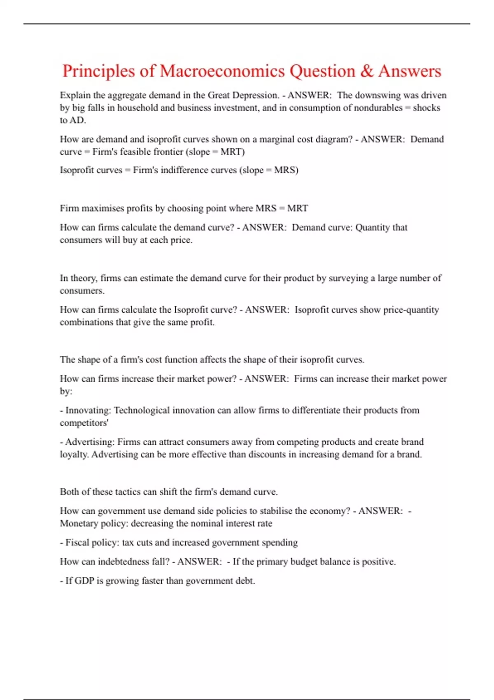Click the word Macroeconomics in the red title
pyautogui.click(x=222, y=71)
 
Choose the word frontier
pyautogui.click(x=166, y=152)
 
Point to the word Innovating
pyautogui.click(x=88, y=411)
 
